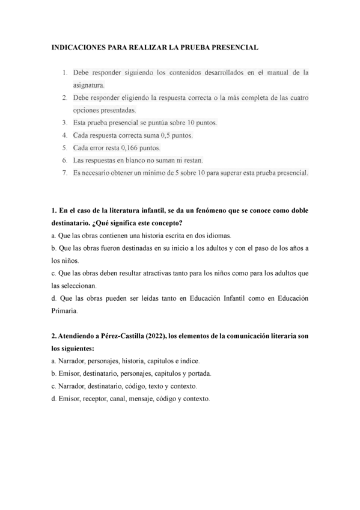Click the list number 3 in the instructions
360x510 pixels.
coord(64,123)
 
